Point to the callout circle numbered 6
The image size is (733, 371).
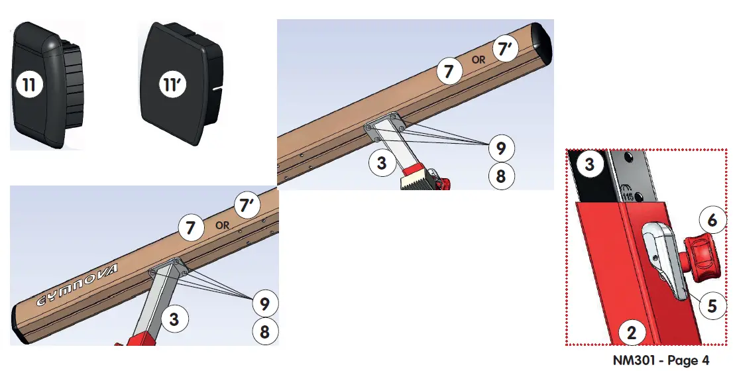coord(712,219)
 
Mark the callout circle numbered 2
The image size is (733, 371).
coord(632,333)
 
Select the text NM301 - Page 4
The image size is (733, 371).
coord(661,361)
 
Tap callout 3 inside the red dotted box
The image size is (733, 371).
coord(589,164)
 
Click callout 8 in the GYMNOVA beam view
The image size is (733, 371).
coord(265,331)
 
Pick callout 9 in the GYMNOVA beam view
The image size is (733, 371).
coord(265,304)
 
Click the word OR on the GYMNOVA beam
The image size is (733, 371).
coord(222,225)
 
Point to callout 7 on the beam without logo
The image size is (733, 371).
coord(449,71)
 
